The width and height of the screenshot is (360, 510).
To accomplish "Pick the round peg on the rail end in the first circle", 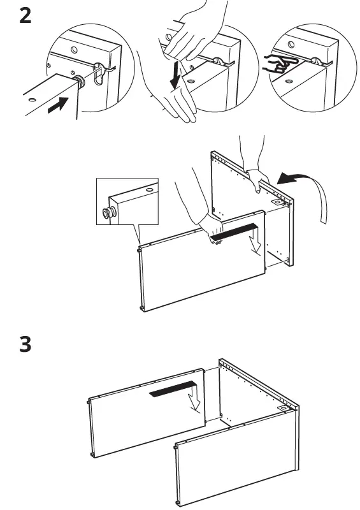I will click(81, 82).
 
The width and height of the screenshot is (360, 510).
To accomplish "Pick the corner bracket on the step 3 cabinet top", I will click(281, 406).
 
